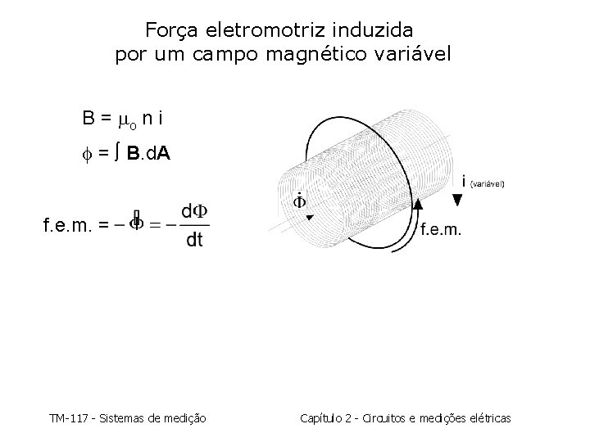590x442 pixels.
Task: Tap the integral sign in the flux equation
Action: [119, 154]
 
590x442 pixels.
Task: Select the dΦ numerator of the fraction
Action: [195, 212]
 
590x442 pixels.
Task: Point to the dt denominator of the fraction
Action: [195, 240]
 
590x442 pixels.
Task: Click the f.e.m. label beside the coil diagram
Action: [441, 230]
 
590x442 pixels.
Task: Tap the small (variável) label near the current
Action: [489, 184]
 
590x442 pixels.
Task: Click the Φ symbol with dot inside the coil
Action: [299, 202]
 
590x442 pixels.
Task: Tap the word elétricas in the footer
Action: [489, 418]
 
